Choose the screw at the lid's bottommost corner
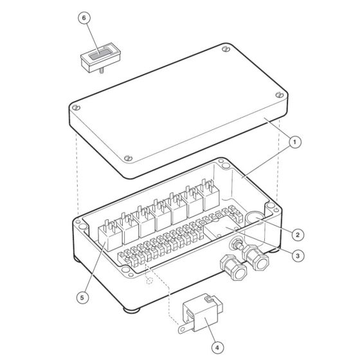[x=128, y=158]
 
